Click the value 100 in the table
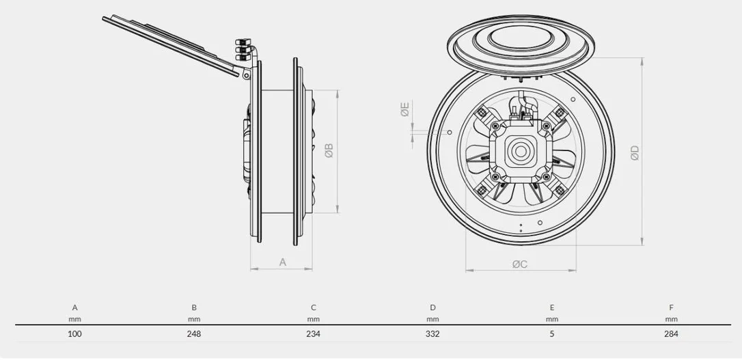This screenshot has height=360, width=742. tap(74, 334)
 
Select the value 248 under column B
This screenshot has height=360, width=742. tap(194, 334)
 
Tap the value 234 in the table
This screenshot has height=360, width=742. tap(314, 334)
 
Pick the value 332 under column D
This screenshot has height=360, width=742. tap(432, 334)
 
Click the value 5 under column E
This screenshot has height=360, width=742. tap(552, 334)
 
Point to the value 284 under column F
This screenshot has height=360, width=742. tap(671, 334)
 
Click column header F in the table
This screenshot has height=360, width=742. tap(671, 307)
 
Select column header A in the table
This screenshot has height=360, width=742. tap(74, 307)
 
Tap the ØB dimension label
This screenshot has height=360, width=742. tap(329, 151)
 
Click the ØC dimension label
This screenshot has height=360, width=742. tap(519, 264)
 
